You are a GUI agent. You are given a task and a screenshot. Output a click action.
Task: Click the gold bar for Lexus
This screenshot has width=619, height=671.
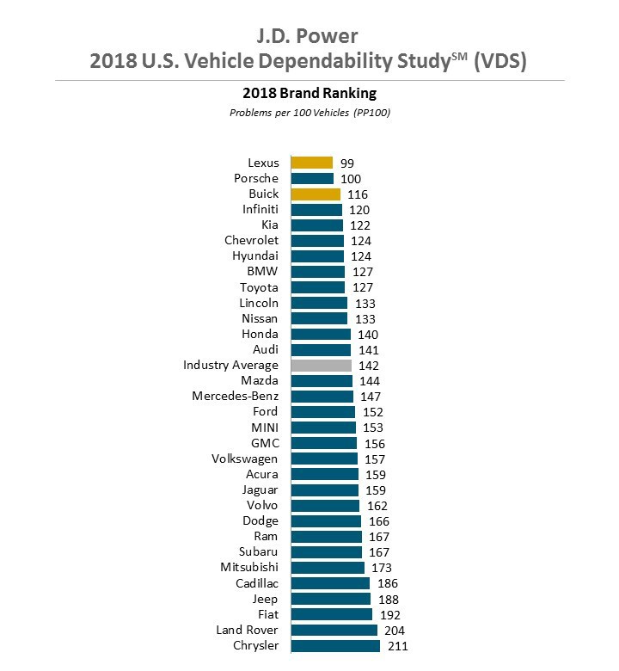point(311,163)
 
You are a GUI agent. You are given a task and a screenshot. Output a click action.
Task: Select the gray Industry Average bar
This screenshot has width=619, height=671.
point(321,366)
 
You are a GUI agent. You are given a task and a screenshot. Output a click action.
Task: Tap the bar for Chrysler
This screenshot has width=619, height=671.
point(335,645)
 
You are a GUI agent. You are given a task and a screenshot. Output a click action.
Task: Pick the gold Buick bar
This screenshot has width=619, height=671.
point(316,194)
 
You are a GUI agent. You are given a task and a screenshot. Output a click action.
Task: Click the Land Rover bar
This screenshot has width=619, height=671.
point(334,630)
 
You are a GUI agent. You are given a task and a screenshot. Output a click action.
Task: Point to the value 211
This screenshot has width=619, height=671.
point(397,645)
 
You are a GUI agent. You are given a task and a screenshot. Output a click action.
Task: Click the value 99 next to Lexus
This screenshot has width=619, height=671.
point(346,163)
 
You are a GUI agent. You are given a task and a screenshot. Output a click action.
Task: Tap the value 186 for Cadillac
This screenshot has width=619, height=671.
point(387,583)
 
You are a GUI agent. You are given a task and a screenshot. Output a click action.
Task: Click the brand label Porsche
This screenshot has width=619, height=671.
point(256,178)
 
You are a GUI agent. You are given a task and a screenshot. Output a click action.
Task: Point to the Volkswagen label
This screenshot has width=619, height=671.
point(244,459)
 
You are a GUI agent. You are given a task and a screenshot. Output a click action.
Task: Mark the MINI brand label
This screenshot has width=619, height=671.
point(263,428)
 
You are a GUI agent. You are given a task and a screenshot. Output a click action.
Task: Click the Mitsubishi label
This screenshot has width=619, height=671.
point(249,568)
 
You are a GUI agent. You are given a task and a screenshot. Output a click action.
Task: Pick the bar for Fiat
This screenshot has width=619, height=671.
point(331,614)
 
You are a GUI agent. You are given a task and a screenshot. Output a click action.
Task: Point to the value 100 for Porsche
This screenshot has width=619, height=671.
point(351,178)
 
